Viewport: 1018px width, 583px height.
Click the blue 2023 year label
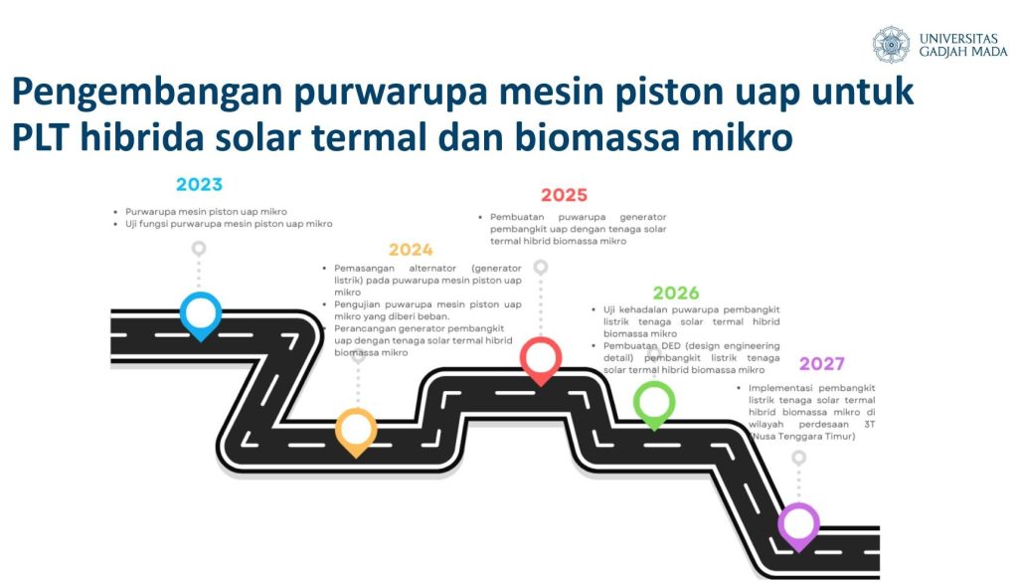pos(199,185)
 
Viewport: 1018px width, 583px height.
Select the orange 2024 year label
pos(411,250)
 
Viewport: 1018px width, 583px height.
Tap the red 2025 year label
pos(564,195)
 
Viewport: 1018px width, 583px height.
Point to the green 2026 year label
pos(676,293)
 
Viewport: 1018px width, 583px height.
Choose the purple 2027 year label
pos(821,363)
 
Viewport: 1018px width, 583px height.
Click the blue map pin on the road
pos(201,315)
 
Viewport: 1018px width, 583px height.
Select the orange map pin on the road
pos(356,432)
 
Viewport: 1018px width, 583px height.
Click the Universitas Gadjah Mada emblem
pos(891,44)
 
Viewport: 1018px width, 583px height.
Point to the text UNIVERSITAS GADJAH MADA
pos(962,44)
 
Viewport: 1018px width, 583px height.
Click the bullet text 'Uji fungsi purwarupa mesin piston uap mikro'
pos(229,224)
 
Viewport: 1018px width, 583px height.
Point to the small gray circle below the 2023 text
pos(199,249)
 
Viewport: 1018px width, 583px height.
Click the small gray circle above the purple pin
pos(798,458)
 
